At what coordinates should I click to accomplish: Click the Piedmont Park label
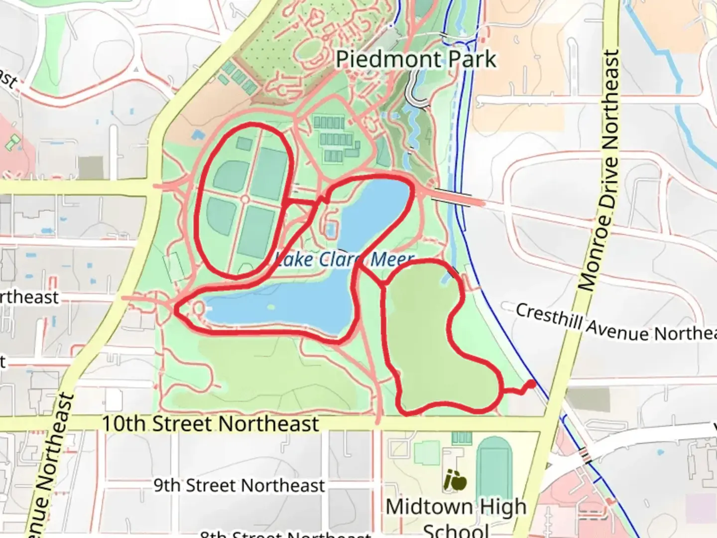pyautogui.click(x=416, y=60)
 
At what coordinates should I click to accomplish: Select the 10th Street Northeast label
pyautogui.click(x=210, y=424)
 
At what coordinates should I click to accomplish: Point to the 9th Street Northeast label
pyautogui.click(x=239, y=485)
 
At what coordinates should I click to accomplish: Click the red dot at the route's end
pyautogui.click(x=531, y=384)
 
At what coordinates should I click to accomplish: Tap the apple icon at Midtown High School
pyautogui.click(x=455, y=481)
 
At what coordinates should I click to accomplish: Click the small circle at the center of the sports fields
pyautogui.click(x=245, y=199)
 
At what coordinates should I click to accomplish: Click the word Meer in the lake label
pyautogui.click(x=392, y=259)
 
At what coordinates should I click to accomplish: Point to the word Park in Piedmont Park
pyautogui.click(x=472, y=60)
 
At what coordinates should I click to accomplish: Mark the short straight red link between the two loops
pyautogui.click(x=302, y=202)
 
